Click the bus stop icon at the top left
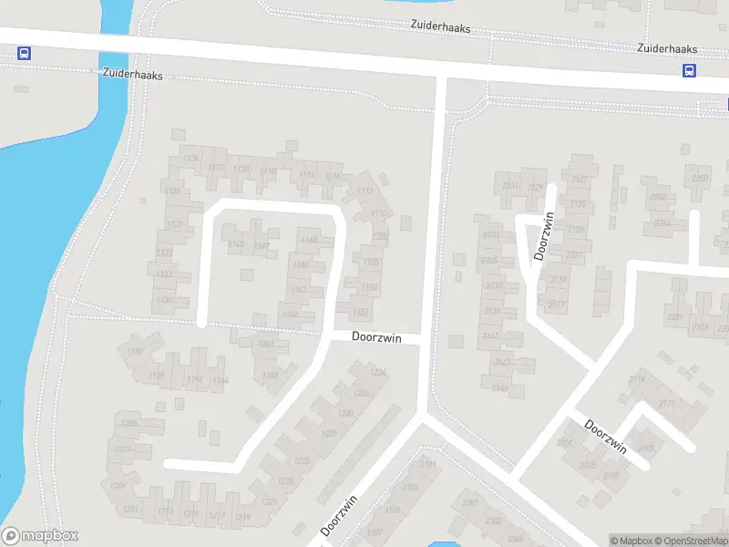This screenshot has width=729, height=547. click(x=24, y=54)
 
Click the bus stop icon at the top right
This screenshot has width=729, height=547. click(x=689, y=71)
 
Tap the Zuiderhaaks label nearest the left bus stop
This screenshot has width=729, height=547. click(x=133, y=76)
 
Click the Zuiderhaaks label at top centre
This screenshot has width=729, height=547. click(x=441, y=28)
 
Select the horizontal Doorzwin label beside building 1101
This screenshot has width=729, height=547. click(x=377, y=336)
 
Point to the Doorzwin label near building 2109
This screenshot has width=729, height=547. click(x=606, y=435)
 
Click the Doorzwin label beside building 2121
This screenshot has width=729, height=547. click(x=544, y=236)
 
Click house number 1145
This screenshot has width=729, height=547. click(x=237, y=244)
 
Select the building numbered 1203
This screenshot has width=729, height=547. click(x=270, y=375)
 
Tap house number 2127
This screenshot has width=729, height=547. click(x=579, y=180)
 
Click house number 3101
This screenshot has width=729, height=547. click(x=427, y=464)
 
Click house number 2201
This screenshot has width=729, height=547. click(x=674, y=316)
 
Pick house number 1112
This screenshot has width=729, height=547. click(x=365, y=191)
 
